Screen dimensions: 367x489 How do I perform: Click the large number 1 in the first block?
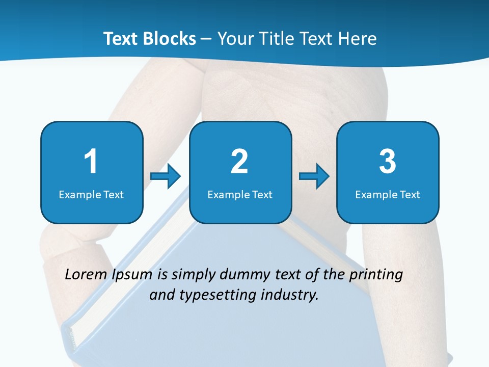(91, 162)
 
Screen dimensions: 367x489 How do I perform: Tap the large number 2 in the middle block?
(239, 162)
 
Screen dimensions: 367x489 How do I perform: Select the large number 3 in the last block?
(388, 162)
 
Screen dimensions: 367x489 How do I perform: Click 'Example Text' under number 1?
(91, 194)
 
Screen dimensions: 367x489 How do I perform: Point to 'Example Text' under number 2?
(240, 194)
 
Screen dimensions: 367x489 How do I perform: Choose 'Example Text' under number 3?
(388, 194)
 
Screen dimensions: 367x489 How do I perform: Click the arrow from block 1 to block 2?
(166, 176)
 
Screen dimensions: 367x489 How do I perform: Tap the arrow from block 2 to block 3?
(314, 176)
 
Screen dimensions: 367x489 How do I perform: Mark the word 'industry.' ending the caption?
(292, 295)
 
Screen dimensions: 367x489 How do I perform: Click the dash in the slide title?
(206, 39)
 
